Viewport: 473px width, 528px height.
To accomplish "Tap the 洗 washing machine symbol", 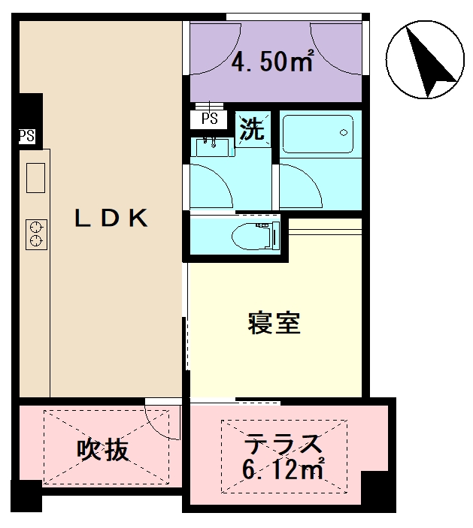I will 252,130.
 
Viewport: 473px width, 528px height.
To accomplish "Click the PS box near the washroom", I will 210,119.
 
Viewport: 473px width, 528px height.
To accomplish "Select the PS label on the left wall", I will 26,136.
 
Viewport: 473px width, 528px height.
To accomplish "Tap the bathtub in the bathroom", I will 320,134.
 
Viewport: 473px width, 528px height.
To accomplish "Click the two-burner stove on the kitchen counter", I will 35,234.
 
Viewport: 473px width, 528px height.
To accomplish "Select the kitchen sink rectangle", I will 35,178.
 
